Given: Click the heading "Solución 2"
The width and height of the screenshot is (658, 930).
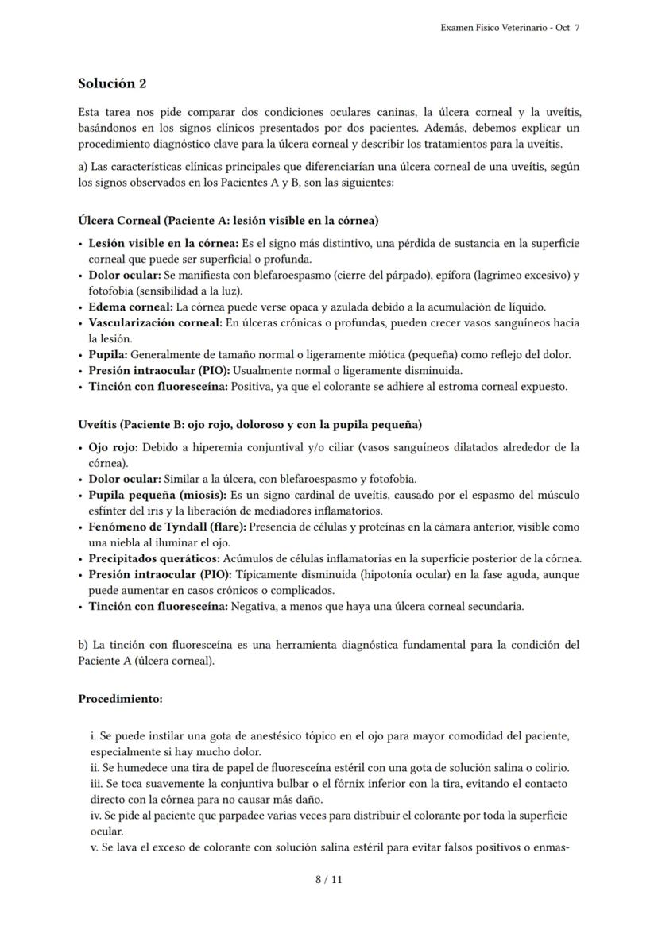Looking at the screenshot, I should pos(112,83).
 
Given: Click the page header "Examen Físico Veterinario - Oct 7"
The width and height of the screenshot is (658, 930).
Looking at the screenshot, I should pos(509,28).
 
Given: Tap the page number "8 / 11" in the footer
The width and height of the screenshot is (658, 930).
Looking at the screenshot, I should pos(328,879).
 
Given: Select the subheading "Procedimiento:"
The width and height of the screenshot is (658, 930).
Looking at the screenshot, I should pos(120,699).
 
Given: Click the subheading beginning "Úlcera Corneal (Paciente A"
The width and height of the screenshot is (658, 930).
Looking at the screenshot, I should pos(228,220).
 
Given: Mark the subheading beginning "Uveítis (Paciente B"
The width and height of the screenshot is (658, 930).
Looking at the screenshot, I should pos(250,424).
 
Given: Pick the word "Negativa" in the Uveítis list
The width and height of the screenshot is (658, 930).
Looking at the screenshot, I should pos(252,606).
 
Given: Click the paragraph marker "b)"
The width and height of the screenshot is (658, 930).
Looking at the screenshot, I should pos(83,644).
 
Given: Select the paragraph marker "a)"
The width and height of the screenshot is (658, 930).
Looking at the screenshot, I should pos(83,166).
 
